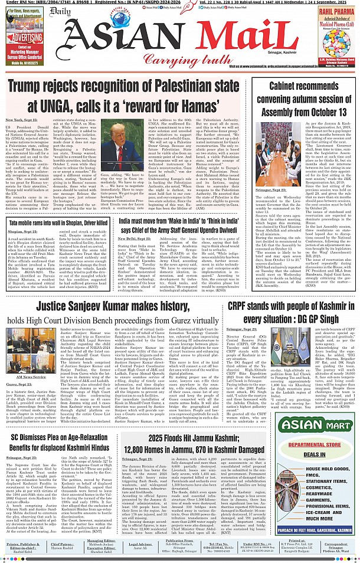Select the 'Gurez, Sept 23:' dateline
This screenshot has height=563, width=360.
click(x=20, y=384)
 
